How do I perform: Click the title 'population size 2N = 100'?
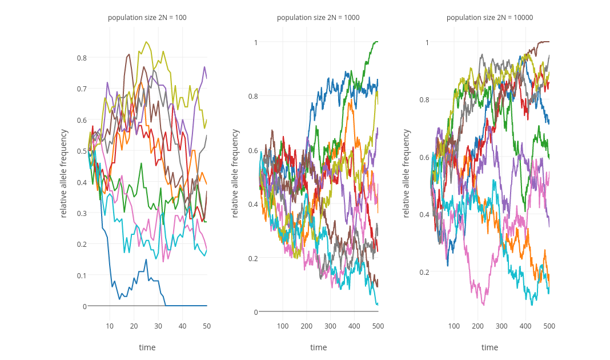point(147,18)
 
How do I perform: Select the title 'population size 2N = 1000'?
point(318,18)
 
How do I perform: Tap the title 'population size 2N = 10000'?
point(489,18)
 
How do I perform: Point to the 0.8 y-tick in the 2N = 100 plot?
point(81,58)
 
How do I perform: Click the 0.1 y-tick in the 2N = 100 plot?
point(81,275)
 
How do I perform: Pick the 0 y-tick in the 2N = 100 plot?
point(84,306)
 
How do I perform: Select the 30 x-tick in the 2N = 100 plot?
point(158,326)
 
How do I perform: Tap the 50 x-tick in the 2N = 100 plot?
point(207,326)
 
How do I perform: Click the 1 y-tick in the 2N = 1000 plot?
point(256,42)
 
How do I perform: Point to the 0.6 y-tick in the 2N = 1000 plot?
point(252,150)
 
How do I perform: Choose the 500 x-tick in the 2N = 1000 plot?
point(378,326)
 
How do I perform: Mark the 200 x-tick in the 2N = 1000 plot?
point(307,326)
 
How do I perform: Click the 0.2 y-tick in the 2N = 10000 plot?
point(424,272)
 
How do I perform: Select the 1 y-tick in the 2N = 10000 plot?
point(427,42)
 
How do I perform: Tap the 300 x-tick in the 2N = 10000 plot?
point(501,326)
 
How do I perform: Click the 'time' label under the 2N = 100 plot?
point(147,347)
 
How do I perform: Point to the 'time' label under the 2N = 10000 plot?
point(489,347)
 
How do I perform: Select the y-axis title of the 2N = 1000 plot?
point(235,173)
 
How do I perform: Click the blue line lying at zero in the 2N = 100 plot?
point(188,306)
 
